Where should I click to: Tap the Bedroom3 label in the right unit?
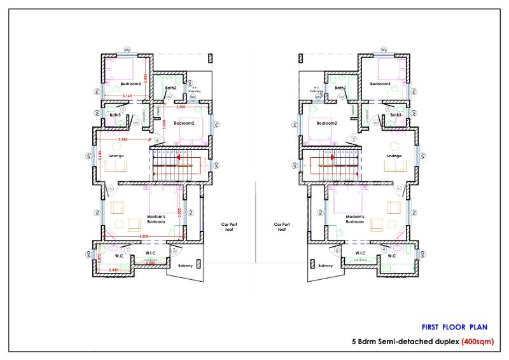[380, 84]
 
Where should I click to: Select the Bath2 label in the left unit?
[171, 88]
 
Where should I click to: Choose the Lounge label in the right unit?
[394, 155]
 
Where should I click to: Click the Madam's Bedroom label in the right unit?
[354, 219]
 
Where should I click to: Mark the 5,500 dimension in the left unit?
[145, 238]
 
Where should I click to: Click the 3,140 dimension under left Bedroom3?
[126, 96]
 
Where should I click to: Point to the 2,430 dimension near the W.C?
[114, 271]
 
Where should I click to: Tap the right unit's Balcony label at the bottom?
[325, 265]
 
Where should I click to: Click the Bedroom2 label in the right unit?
[326, 122]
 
